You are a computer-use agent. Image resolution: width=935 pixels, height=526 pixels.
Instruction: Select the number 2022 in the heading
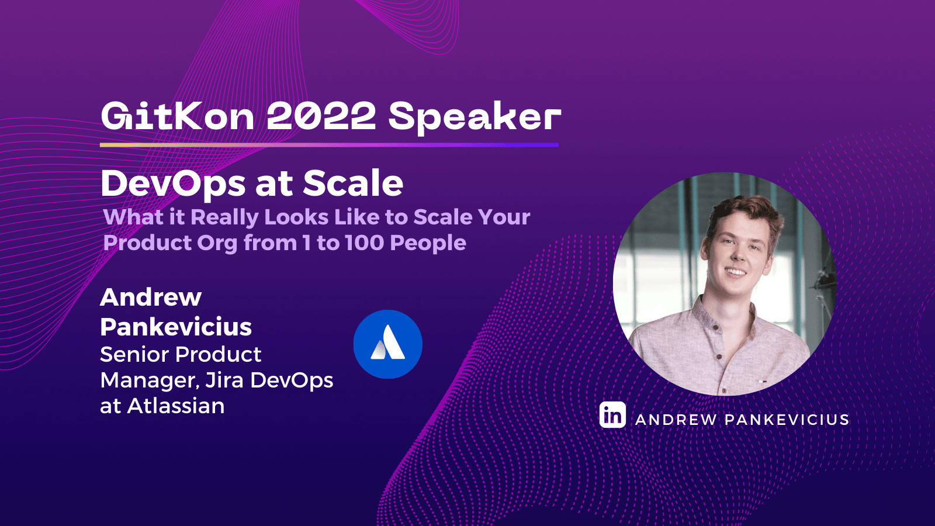(321, 116)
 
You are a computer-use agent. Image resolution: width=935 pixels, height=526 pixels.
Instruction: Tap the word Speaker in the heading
(474, 117)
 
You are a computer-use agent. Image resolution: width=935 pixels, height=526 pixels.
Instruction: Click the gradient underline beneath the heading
(329, 144)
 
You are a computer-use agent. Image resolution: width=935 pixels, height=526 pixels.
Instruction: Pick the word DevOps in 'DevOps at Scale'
(173, 184)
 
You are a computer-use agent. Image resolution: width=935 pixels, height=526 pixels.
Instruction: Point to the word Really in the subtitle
(224, 217)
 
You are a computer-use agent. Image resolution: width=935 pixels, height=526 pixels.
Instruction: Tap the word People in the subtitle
(428, 243)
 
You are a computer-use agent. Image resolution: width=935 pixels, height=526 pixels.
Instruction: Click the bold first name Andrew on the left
(151, 297)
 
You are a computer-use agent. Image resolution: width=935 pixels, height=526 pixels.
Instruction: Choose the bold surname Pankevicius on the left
(176, 327)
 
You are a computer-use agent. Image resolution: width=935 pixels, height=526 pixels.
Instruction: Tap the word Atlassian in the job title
(176, 406)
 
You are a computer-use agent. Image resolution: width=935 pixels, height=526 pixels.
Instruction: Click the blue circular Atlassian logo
(387, 344)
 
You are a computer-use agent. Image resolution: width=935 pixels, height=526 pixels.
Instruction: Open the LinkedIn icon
(612, 415)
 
